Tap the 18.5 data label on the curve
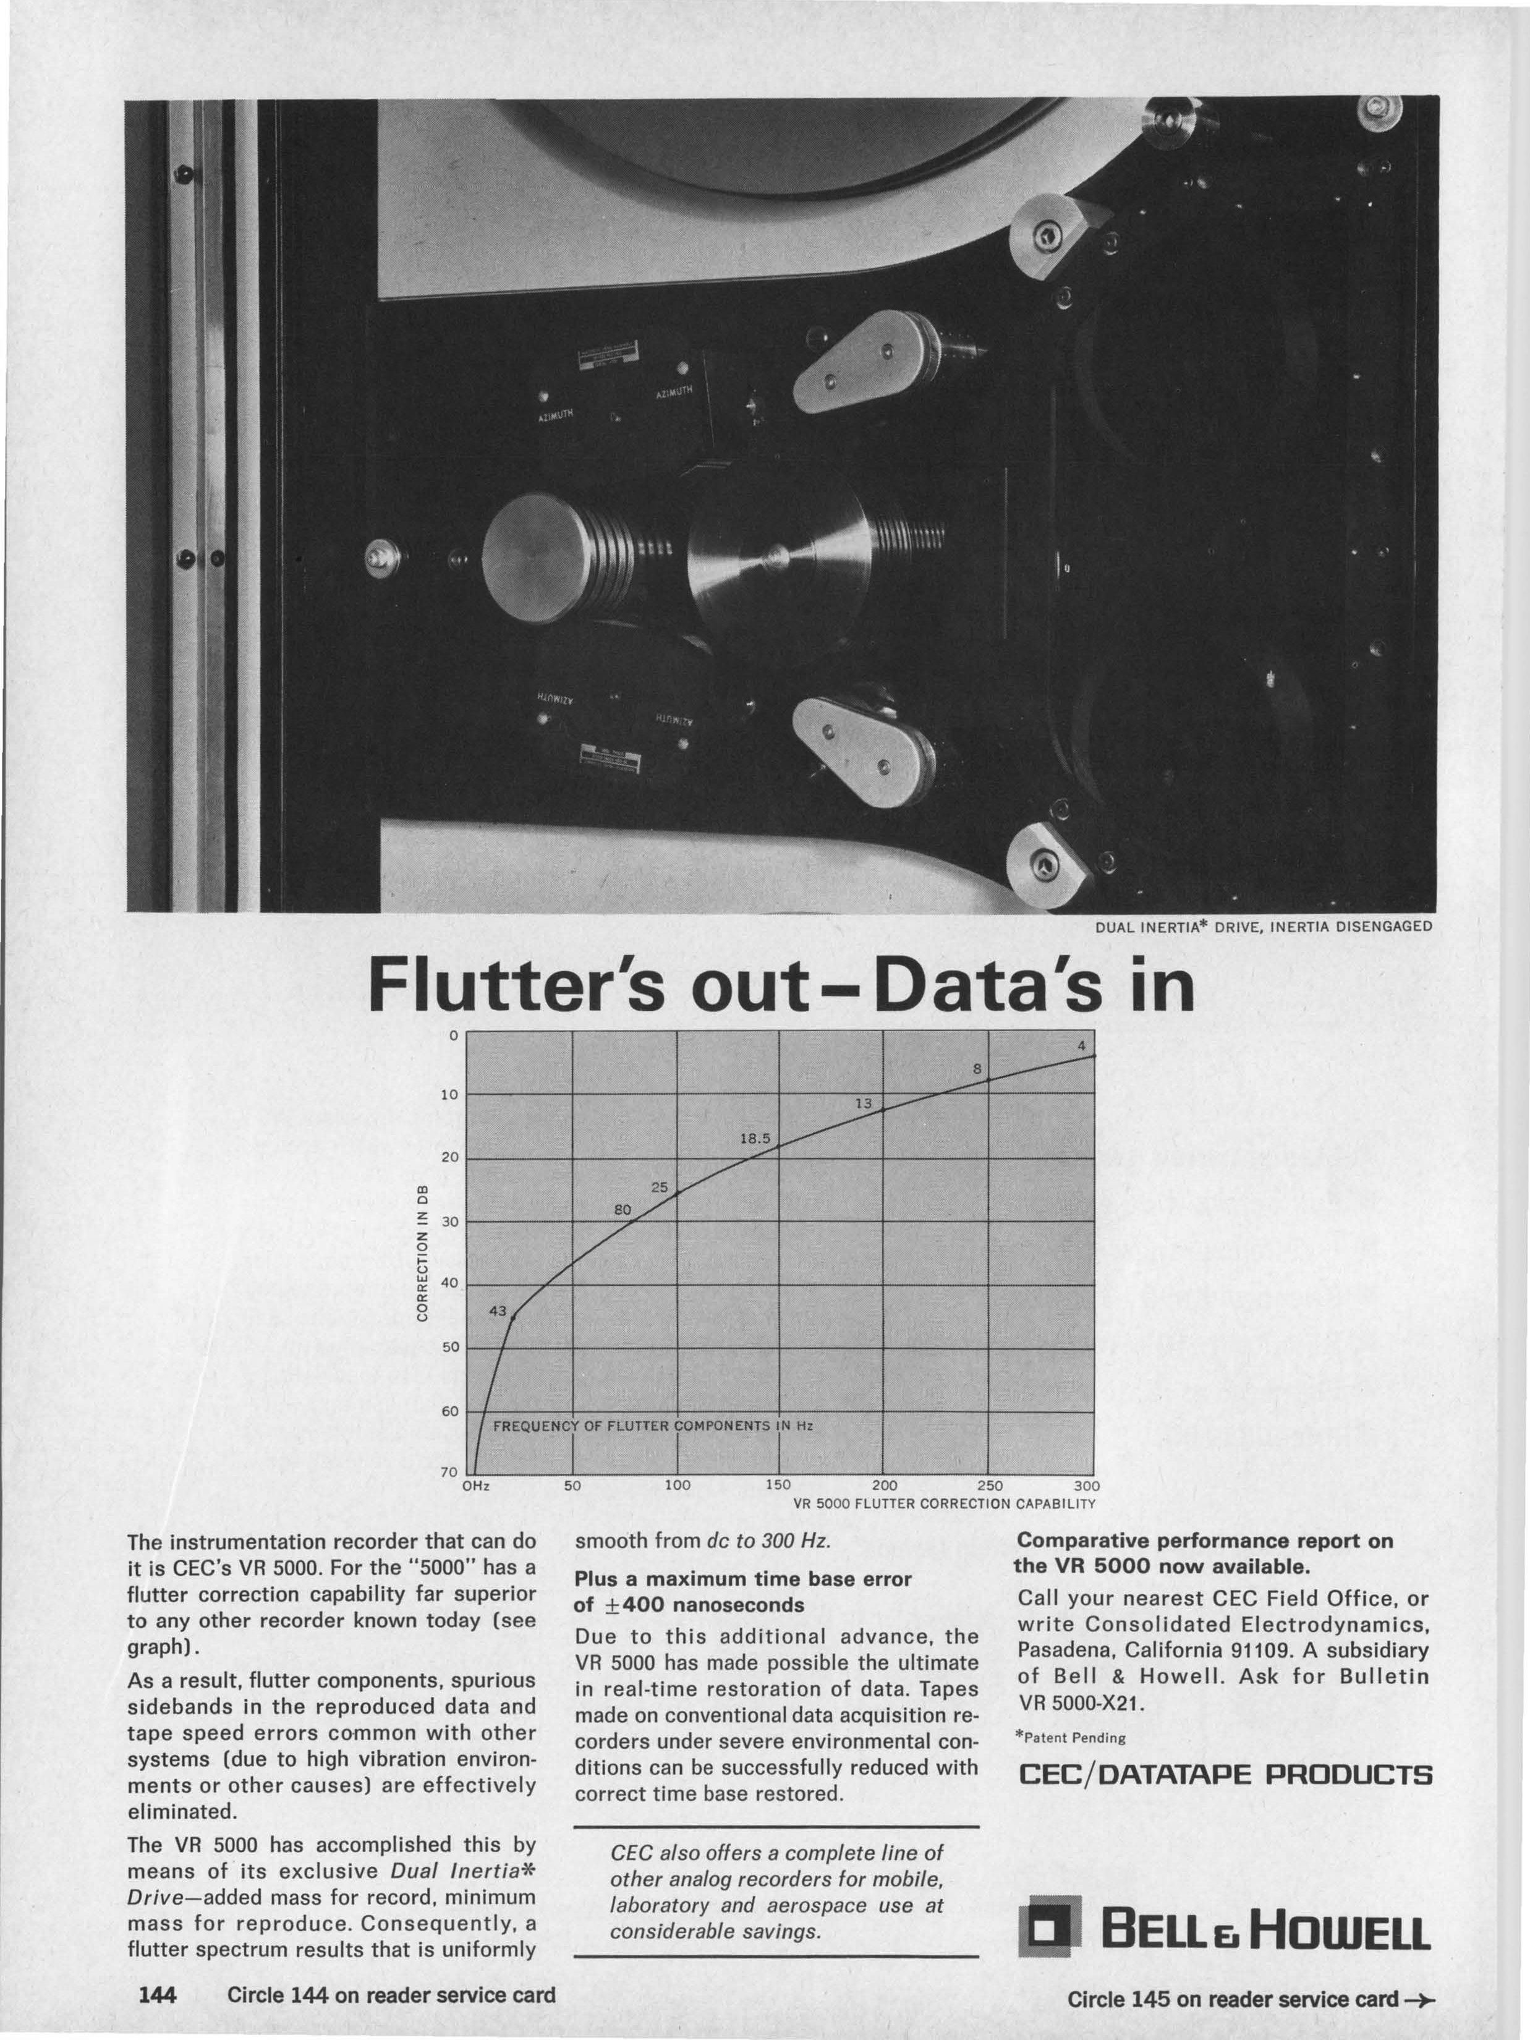pos(754,1139)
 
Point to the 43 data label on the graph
pos(498,1311)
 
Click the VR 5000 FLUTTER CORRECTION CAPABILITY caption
pos(945,1503)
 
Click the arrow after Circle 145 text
pos(1420,2000)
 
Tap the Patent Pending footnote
pos(1071,1738)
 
